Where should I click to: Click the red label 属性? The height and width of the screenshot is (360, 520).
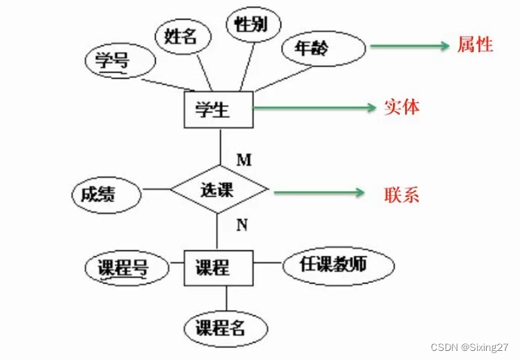475,45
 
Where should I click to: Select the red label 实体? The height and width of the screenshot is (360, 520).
401,107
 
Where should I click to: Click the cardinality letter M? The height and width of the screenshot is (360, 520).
243,160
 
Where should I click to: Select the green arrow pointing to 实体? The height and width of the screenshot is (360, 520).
314,108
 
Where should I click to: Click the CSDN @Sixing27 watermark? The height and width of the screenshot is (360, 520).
471,346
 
